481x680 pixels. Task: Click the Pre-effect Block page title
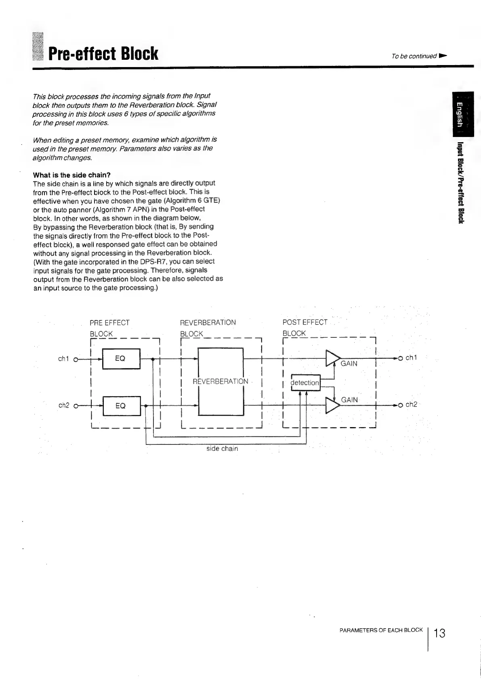(x=103, y=54)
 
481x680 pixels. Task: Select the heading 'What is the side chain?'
(x=72, y=175)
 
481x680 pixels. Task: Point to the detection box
(x=305, y=383)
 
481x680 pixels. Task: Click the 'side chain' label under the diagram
(x=222, y=448)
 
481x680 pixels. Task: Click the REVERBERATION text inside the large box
(x=221, y=381)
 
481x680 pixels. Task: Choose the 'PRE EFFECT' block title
(x=109, y=322)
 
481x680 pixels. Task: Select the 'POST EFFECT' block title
(x=305, y=322)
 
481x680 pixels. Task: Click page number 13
(x=439, y=633)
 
